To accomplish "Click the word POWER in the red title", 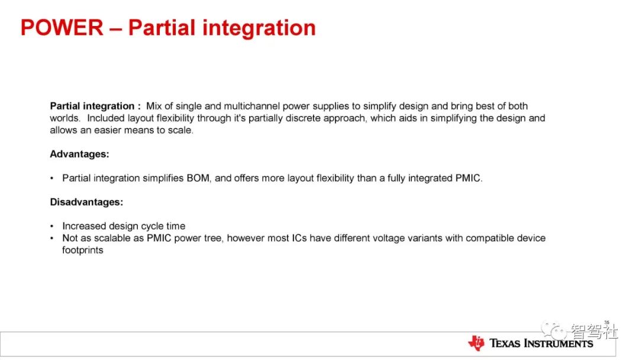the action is pyautogui.click(x=62, y=28).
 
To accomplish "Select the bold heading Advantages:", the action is pyautogui.click(x=79, y=154).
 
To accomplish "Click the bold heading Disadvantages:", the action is pyautogui.click(x=86, y=202).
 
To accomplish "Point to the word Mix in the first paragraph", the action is pyautogui.click(x=154, y=106).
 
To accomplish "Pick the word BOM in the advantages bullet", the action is pyautogui.click(x=198, y=178).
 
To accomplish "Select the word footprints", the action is pyautogui.click(x=83, y=250).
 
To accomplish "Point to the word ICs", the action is pyautogui.click(x=299, y=238).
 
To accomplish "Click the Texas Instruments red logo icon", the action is pyautogui.click(x=476, y=343).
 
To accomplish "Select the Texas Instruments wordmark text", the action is pyautogui.click(x=541, y=343).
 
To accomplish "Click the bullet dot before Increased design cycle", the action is pyautogui.click(x=51, y=226).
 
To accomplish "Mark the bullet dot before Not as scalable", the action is pyautogui.click(x=51, y=238).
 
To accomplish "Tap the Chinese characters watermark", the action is pyautogui.click(x=594, y=331).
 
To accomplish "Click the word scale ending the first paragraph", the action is pyautogui.click(x=179, y=130).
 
